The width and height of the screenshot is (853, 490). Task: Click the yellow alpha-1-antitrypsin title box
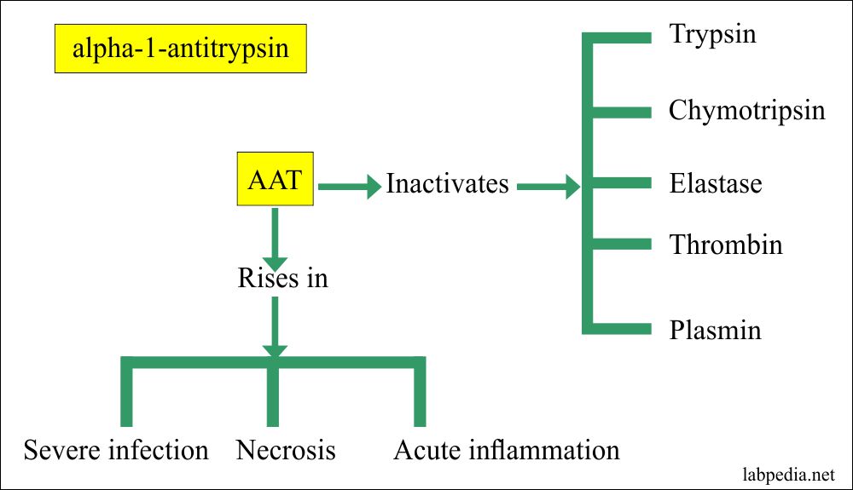pyautogui.click(x=179, y=48)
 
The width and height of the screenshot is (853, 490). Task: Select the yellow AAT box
pyautogui.click(x=274, y=182)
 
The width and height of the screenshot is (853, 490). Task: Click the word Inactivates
pyautogui.click(x=447, y=184)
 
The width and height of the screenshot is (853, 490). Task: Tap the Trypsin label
pyautogui.click(x=712, y=35)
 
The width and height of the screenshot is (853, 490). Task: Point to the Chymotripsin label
pyautogui.click(x=746, y=111)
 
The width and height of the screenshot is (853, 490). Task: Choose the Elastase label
pyautogui.click(x=715, y=184)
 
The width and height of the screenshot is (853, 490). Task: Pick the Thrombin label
pyautogui.click(x=725, y=245)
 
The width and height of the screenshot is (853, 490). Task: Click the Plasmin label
pyautogui.click(x=715, y=330)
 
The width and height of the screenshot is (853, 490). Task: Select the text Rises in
pyautogui.click(x=281, y=278)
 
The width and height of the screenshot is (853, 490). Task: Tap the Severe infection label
pyautogui.click(x=116, y=449)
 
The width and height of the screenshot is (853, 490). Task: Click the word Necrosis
pyautogui.click(x=286, y=449)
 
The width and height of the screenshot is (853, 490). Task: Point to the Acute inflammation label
pyautogui.click(x=506, y=449)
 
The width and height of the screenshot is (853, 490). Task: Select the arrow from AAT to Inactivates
pyautogui.click(x=350, y=184)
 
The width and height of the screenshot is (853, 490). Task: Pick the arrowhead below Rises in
pyautogui.click(x=274, y=349)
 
